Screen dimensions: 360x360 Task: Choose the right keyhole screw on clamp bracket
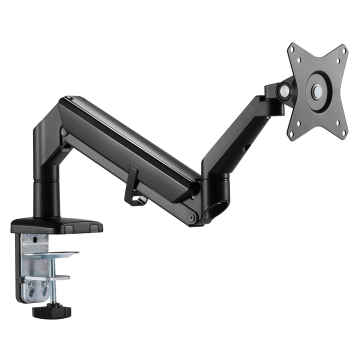tap(44, 286)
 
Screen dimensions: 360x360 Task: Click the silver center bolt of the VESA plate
tap(317, 91)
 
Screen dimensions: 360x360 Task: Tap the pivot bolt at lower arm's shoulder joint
tap(64, 132)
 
